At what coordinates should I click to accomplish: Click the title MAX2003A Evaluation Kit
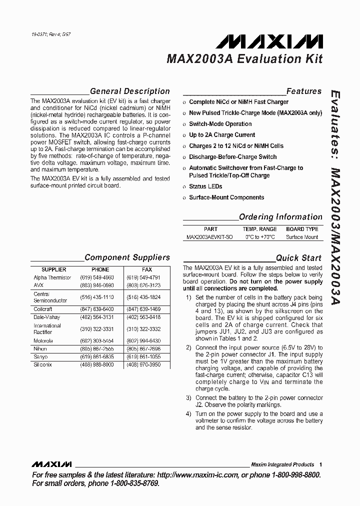coord(244,59)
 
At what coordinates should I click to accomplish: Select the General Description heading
coord(129,91)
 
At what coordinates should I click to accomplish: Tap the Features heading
coord(303,91)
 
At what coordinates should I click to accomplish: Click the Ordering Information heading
coord(280,217)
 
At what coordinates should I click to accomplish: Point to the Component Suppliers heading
coord(127,257)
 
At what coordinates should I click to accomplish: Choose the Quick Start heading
coord(298,258)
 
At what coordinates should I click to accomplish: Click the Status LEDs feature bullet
coord(205,186)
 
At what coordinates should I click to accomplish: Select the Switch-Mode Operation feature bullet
coord(220,124)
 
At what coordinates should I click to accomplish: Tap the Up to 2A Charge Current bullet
coord(221,135)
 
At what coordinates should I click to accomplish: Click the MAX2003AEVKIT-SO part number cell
coord(209,237)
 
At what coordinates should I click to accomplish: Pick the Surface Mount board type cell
coord(302,237)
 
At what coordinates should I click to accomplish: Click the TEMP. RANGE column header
coord(259,229)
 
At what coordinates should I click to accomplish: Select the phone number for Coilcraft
coord(97,309)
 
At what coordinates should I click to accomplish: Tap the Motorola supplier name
coord(43,341)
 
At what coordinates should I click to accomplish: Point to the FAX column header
coord(146,269)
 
